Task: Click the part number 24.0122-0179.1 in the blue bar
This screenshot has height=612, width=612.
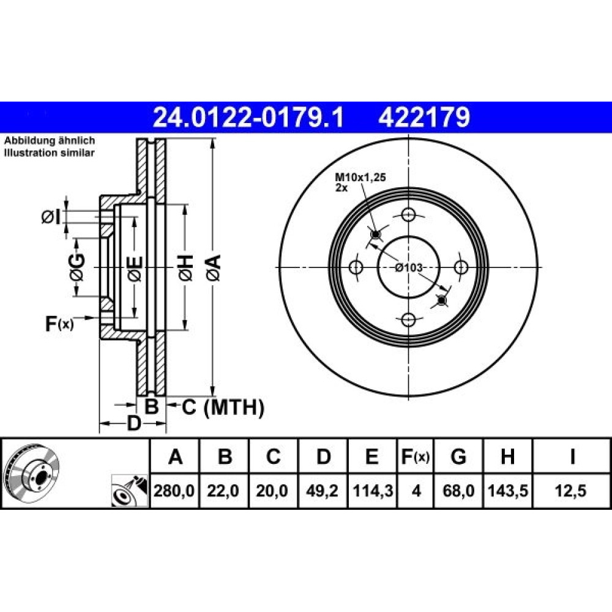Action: pyautogui.click(x=248, y=118)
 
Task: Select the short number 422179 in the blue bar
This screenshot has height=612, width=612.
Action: pyautogui.click(x=424, y=118)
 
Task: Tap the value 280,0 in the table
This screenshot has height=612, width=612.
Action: pyautogui.click(x=174, y=490)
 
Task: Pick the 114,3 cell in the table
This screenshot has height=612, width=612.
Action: pyautogui.click(x=373, y=490)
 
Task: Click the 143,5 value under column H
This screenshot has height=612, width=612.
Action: pyautogui.click(x=508, y=490)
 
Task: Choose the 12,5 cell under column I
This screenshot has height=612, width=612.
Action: pyautogui.click(x=570, y=490)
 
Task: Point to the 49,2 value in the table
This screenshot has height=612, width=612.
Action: pyautogui.click(x=322, y=490)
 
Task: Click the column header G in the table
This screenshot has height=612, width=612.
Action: pyautogui.click(x=458, y=457)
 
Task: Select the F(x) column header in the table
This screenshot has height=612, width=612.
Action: pyautogui.click(x=416, y=457)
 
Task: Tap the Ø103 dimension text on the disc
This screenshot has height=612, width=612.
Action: pyautogui.click(x=408, y=267)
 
